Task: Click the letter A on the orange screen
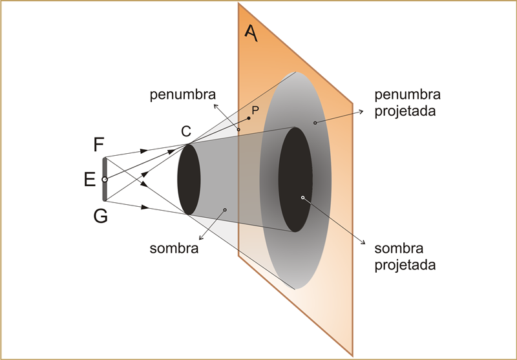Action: click(x=251, y=34)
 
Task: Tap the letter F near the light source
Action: click(x=99, y=144)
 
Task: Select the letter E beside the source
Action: click(x=89, y=180)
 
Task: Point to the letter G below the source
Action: click(x=101, y=217)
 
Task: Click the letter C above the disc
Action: click(x=186, y=131)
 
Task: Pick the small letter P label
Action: click(x=255, y=110)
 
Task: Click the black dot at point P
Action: click(x=249, y=118)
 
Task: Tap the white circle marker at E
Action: click(x=105, y=180)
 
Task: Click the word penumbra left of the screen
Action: click(x=183, y=95)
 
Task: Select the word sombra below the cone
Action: click(x=174, y=248)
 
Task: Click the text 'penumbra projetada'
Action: click(x=408, y=103)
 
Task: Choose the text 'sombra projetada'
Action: click(x=405, y=257)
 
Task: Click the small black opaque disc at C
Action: click(x=189, y=179)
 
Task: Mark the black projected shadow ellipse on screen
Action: click(x=295, y=180)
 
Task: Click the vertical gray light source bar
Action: click(x=105, y=179)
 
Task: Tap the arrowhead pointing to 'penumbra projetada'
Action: click(x=361, y=112)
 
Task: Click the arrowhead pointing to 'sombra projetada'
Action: click(x=363, y=242)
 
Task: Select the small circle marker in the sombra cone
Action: click(x=225, y=209)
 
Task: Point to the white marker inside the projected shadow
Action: click(x=302, y=198)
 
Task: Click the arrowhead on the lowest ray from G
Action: click(x=144, y=207)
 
